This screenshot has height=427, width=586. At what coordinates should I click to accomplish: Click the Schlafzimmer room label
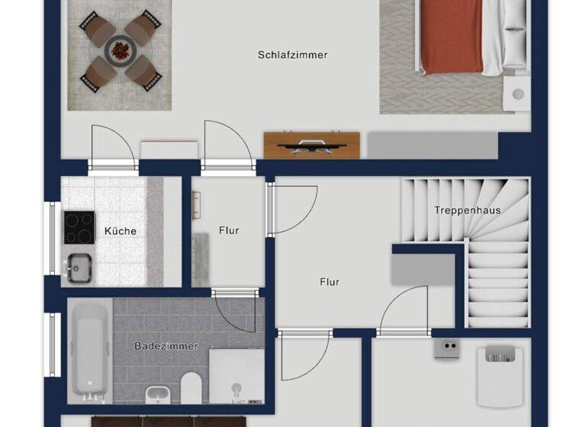click(292, 55)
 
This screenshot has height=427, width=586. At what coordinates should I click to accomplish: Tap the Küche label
click(121, 230)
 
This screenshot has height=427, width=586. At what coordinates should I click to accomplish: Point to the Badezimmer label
click(166, 346)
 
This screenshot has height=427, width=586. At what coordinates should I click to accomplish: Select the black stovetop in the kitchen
click(78, 226)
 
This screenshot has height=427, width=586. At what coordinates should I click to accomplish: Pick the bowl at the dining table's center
click(120, 51)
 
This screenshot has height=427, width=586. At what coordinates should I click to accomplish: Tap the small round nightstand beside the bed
click(519, 95)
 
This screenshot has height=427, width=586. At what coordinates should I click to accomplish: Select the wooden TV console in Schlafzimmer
click(311, 145)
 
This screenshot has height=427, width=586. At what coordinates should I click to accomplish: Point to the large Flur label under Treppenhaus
click(329, 282)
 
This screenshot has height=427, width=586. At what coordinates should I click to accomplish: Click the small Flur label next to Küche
click(229, 230)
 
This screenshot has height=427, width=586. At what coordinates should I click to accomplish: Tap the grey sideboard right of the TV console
click(433, 145)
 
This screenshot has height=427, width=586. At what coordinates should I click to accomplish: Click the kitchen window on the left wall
click(53, 237)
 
